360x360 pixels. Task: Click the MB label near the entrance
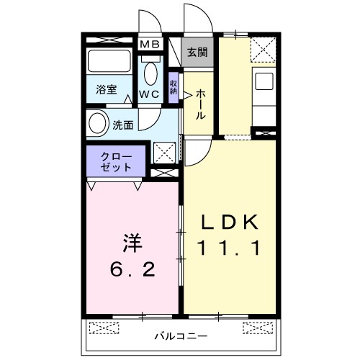(150, 45)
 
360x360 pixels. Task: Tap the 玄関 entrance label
(197, 52)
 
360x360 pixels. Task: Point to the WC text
(150, 94)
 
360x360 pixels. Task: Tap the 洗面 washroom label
(122, 124)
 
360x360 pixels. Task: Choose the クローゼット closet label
(115, 161)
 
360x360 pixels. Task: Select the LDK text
(230, 222)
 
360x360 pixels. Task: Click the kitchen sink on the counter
(264, 80)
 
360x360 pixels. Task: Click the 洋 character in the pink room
(131, 243)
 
